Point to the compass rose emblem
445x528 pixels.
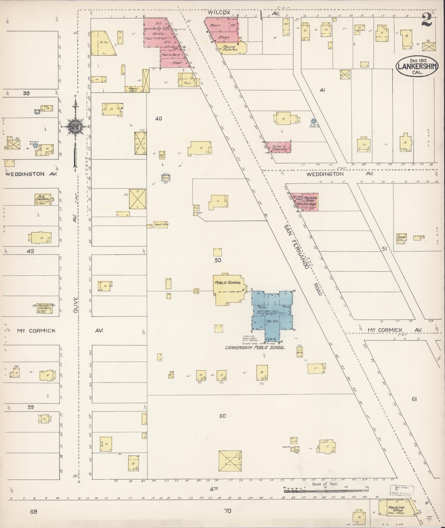(75, 127)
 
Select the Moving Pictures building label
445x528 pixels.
(230, 48)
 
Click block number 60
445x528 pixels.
(223, 416)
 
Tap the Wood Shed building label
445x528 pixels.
(161, 224)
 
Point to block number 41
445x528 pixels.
(323, 90)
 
